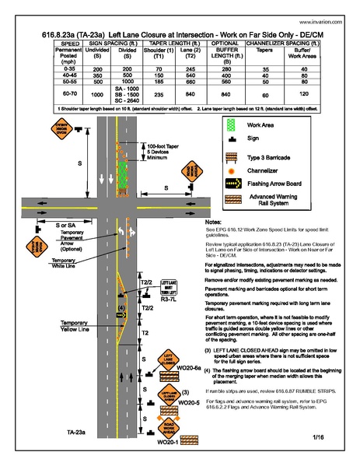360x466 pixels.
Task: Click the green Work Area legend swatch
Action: point(229,124)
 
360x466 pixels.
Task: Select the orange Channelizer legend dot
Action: point(229,170)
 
